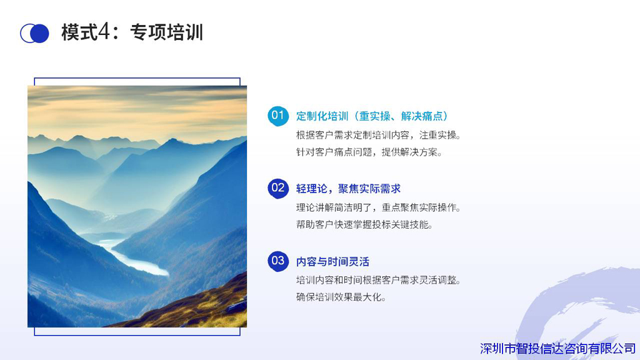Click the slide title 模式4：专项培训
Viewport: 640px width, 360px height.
click(x=132, y=32)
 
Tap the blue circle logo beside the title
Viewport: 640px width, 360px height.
click(x=35, y=34)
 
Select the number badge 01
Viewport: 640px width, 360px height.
click(x=278, y=116)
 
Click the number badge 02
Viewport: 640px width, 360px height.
click(x=278, y=188)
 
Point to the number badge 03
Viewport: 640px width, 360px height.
click(x=278, y=261)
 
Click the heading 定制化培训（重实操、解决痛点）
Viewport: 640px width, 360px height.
click(x=372, y=116)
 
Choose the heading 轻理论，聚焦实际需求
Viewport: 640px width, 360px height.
click(x=348, y=189)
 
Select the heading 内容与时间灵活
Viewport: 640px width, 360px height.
click(x=332, y=261)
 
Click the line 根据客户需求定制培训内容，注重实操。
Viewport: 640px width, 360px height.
click(x=378, y=135)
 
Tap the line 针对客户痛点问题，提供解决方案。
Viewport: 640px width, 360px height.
click(x=369, y=152)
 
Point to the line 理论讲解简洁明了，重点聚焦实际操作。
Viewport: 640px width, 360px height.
click(x=378, y=207)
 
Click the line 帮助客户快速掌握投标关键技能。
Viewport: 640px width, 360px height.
click(x=364, y=224)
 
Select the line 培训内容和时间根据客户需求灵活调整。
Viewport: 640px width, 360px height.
click(x=378, y=280)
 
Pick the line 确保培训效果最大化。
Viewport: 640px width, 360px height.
click(x=341, y=297)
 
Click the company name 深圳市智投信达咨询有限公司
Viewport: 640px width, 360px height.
click(x=557, y=349)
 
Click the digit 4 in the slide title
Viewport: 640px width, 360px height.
click(x=104, y=32)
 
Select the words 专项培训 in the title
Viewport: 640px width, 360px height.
click(x=166, y=32)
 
